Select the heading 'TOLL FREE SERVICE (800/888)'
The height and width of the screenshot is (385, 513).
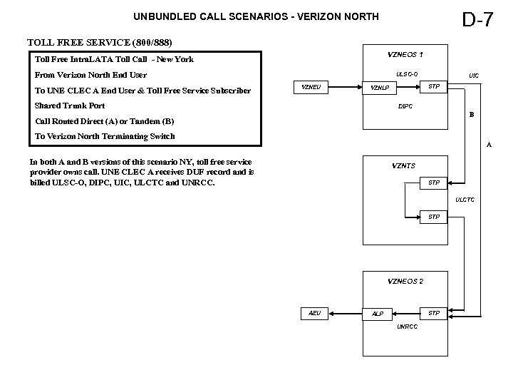(x=99, y=43)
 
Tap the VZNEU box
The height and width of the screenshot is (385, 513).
(x=311, y=87)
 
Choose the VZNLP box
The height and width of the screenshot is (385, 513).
(x=380, y=88)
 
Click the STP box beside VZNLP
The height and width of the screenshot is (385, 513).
(x=433, y=86)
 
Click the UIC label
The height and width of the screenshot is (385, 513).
(x=474, y=74)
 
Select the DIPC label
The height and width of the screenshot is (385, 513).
(x=405, y=106)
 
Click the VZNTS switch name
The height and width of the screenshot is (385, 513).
(x=404, y=166)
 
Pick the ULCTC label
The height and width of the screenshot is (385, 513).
(x=465, y=200)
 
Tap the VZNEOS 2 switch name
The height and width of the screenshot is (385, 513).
(x=405, y=281)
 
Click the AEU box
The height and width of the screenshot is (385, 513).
(x=315, y=313)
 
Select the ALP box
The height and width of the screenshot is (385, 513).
(x=378, y=314)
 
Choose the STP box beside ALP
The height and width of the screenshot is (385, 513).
(x=433, y=313)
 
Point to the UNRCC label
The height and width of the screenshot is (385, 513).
(x=407, y=327)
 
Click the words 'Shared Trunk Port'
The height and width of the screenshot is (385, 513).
(x=70, y=106)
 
